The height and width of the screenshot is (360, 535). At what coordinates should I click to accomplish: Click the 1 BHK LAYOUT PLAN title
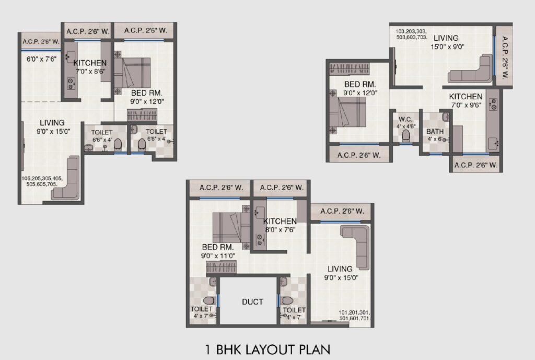[268, 350]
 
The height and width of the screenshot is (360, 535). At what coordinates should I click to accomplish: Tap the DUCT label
[252, 301]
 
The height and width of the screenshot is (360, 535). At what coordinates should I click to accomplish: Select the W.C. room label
[405, 120]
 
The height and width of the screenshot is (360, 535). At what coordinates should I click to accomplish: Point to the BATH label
[435, 131]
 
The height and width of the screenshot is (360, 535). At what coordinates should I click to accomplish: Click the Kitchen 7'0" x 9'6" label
[466, 101]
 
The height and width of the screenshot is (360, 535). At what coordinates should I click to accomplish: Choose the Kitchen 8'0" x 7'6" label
[280, 225]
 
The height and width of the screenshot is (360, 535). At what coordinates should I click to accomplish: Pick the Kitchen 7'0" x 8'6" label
[90, 67]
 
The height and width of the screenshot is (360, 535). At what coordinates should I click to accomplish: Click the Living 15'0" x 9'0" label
[447, 42]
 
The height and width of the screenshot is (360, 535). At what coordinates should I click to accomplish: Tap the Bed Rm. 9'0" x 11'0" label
[218, 251]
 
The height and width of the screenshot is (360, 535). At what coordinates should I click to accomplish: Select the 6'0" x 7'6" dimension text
[41, 59]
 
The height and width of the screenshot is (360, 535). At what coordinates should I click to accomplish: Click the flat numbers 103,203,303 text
[412, 34]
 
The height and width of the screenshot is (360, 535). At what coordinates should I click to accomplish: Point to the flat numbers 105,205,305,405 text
[42, 181]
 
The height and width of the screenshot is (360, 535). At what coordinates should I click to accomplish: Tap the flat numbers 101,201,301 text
[355, 315]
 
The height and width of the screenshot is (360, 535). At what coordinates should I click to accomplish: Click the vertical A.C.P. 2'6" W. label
[504, 57]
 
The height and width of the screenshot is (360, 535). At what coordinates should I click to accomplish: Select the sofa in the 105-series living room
[66, 179]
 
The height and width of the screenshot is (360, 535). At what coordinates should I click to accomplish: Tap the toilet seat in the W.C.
[405, 136]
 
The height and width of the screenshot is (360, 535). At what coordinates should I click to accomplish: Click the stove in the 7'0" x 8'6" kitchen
[71, 84]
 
